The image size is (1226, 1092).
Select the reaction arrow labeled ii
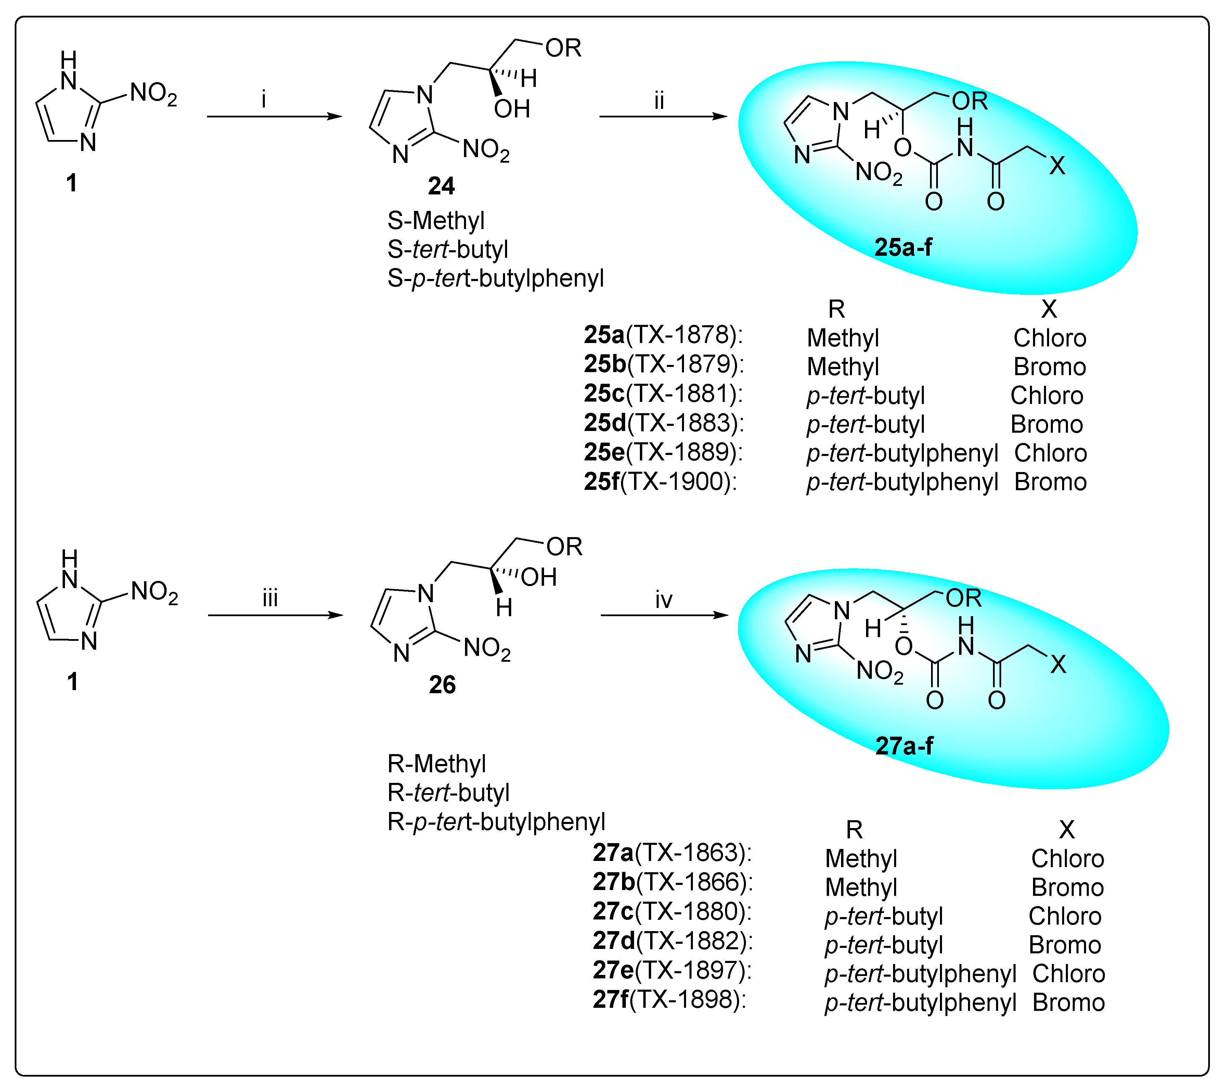tap(663, 116)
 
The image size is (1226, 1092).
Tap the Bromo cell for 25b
tap(1050, 367)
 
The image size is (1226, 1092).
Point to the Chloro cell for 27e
tap(1068, 973)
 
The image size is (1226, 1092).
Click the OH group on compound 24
tap(512, 109)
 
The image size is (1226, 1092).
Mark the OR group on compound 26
tap(564, 547)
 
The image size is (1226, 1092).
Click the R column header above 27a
tap(854, 830)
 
